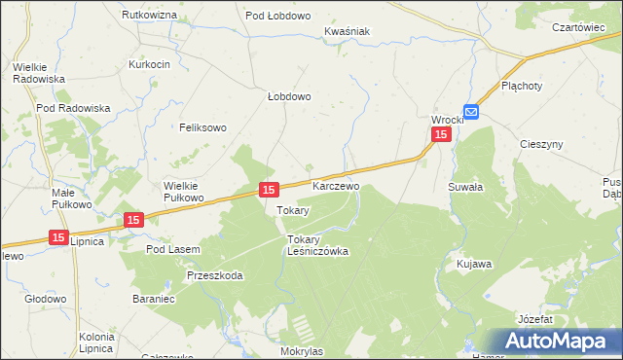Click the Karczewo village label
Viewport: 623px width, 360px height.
[x=336, y=185]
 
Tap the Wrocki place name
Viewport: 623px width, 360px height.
[x=448, y=120]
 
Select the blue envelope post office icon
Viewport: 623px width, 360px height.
[x=471, y=113]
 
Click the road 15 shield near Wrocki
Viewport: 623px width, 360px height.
[x=442, y=135]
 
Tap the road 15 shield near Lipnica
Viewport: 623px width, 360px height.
[x=58, y=237]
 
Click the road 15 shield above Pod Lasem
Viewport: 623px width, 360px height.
[x=134, y=221]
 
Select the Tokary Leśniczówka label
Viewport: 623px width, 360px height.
[x=317, y=244]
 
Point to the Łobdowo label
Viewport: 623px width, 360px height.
[x=289, y=96]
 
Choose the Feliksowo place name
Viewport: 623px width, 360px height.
[x=202, y=127]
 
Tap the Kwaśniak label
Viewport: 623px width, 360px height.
[x=348, y=31]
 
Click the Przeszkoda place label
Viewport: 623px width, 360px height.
[x=214, y=275]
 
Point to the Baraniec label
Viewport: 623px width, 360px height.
[x=153, y=299]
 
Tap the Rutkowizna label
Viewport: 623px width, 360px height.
[x=149, y=16]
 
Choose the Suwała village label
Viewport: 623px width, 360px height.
[x=463, y=185]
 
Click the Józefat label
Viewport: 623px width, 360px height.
[x=536, y=319]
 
